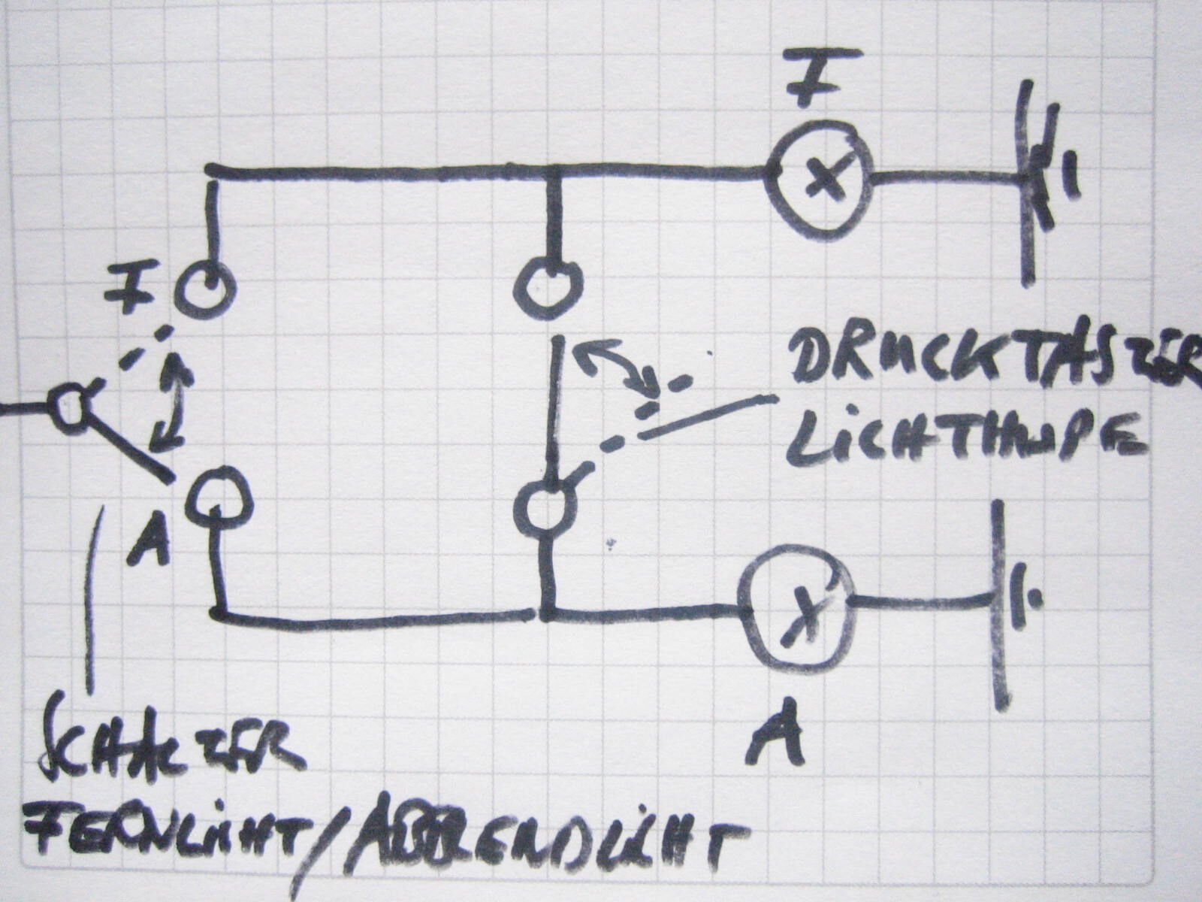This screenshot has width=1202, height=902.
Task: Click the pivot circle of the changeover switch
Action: (x=68, y=410)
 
